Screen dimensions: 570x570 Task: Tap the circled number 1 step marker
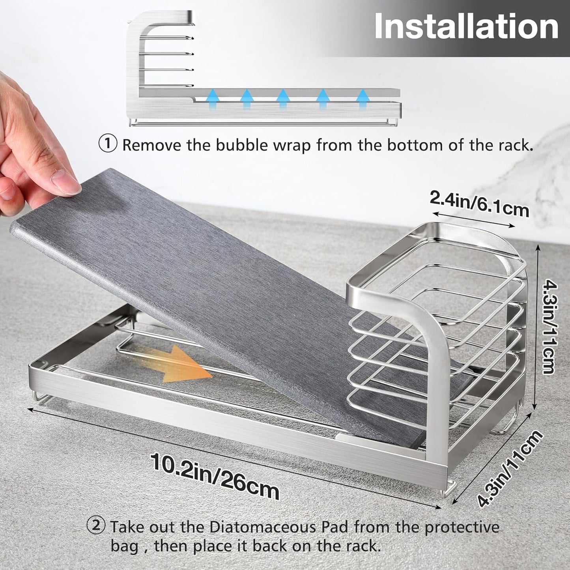click(107, 144)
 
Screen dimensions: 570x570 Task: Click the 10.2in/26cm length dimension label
click(215, 476)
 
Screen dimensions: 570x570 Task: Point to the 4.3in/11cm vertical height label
click(549, 325)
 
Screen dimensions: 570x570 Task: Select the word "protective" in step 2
click(462, 527)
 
